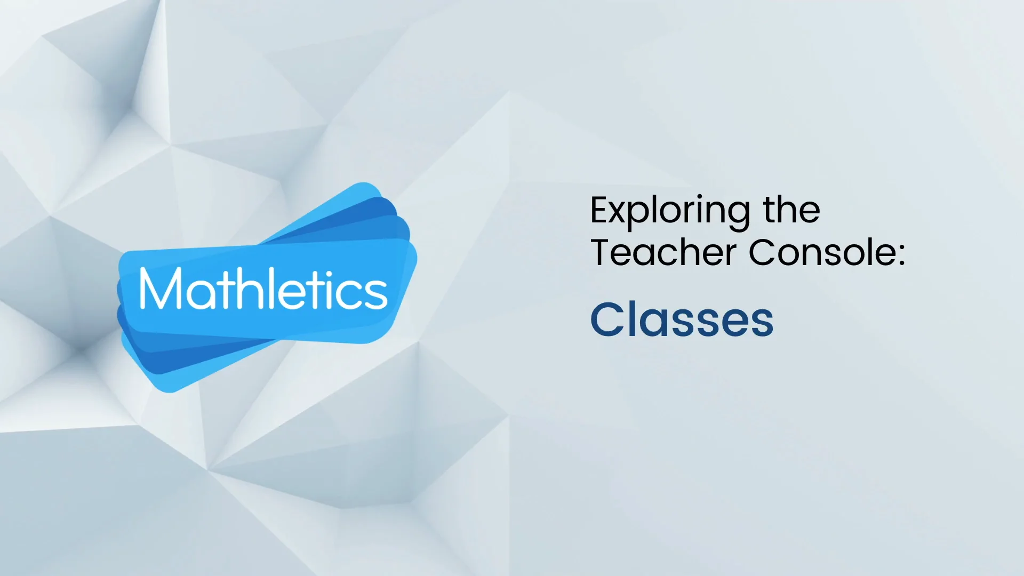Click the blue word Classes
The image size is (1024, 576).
click(x=682, y=319)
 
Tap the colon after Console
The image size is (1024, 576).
click(x=901, y=254)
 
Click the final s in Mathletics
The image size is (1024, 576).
click(x=377, y=293)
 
